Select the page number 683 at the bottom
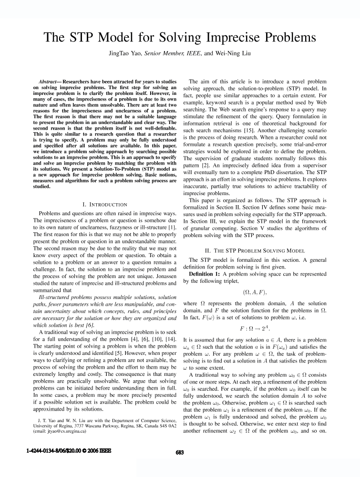[x=180, y=453]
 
